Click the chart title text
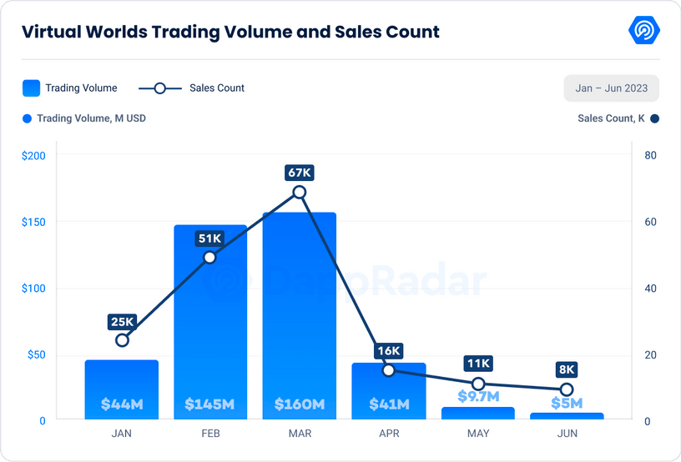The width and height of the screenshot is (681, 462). coord(230,33)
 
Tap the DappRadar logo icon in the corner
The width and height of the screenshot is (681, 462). coord(644,31)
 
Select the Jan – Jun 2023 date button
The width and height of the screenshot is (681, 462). coord(612,88)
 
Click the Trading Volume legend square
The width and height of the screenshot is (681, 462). coord(31,88)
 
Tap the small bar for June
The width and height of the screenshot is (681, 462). coord(567,416)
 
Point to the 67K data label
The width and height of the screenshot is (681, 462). coord(300,173)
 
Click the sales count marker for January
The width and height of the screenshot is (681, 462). coord(123,340)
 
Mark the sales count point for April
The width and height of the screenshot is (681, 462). coord(388,370)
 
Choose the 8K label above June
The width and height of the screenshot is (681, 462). coord(567,369)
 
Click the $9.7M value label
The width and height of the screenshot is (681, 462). coord(478,396)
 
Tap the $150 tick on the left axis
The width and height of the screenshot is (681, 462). coord(33,222)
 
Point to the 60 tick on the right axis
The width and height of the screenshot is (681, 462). coord(649,222)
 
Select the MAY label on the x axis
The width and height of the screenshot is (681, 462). coord(477,434)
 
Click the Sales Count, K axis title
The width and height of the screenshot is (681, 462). coord(611,118)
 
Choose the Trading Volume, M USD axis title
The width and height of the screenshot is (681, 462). coord(91,118)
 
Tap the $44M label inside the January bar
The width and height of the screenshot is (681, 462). coord(122,404)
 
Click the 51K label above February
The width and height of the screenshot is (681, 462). coord(210,239)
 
